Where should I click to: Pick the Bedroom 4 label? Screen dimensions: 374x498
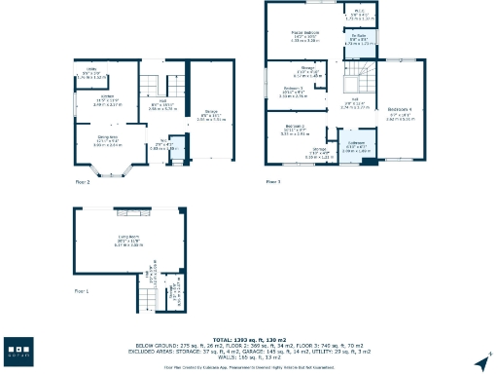coord(400,110)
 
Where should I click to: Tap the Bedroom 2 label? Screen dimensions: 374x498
coord(295,129)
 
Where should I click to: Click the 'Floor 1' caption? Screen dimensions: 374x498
coord(83,290)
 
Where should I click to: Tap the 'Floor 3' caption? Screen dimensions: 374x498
coord(273,181)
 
